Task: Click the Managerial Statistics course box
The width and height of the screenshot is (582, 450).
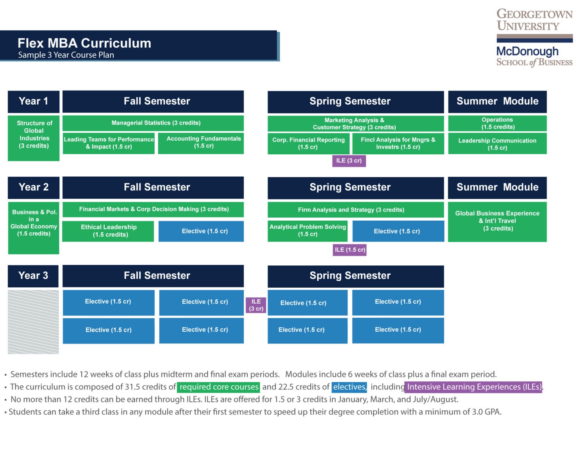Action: point(153,123)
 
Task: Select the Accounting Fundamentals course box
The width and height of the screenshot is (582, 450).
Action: point(201,143)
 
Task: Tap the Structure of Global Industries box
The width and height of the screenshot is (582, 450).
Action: point(34,138)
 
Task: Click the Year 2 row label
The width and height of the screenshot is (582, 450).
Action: point(34,187)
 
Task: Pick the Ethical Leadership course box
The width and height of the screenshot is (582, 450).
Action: point(108,231)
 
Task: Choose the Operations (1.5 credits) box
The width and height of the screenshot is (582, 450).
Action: point(497,124)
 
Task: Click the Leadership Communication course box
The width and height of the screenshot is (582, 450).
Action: point(497,144)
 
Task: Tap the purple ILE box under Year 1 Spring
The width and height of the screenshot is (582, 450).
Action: point(349,161)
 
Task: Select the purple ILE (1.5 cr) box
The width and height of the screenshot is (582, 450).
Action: point(350,250)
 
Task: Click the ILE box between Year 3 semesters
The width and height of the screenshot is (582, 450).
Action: point(256,305)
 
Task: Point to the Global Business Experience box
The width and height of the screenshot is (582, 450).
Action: point(497,221)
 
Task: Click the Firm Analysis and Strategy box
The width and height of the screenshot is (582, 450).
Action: point(355,210)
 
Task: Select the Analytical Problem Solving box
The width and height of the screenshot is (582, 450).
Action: point(308,231)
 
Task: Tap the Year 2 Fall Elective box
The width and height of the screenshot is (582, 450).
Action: point(201,231)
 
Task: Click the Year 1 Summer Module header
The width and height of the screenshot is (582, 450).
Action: point(497,102)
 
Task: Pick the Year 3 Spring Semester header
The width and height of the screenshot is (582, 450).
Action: point(355,276)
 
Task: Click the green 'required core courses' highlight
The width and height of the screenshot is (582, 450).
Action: point(219,387)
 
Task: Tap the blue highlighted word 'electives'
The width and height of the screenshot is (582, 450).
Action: point(349,387)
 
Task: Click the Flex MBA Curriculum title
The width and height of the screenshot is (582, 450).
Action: point(84,43)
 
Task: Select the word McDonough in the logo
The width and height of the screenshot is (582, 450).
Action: point(527,51)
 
